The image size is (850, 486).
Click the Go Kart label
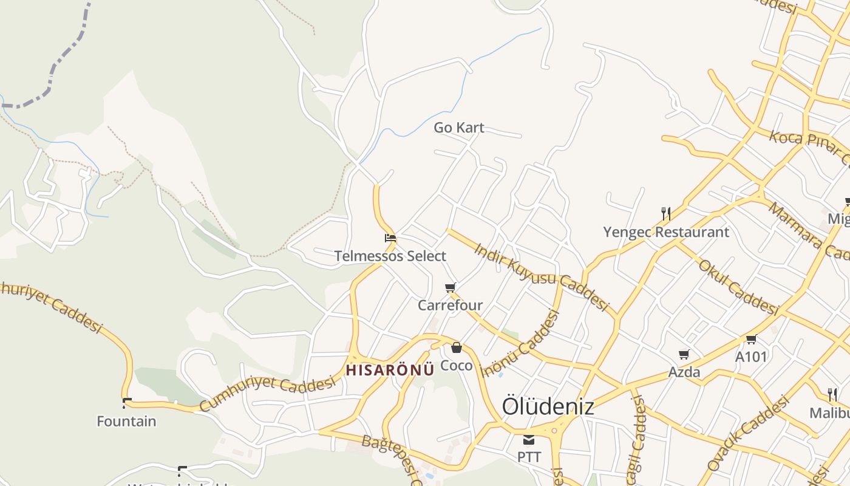coord(459,128)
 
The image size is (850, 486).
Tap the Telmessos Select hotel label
coord(390,256)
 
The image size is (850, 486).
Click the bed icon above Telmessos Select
coord(390,238)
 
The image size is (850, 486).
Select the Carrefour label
coord(450,305)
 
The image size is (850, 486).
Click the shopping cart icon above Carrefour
coord(450,287)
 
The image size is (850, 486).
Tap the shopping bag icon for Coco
coord(456,348)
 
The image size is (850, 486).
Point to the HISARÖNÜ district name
coord(390,370)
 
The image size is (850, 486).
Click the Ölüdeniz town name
coord(548,406)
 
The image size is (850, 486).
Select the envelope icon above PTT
coord(529,440)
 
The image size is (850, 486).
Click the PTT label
coord(529,456)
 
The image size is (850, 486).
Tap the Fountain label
coord(126,421)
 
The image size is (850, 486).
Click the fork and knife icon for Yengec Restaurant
coord(666,213)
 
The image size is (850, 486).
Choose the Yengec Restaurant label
coord(666,232)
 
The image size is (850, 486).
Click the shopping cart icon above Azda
coord(684,354)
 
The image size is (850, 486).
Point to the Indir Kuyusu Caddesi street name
coord(541,277)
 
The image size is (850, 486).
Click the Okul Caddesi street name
coord(738,287)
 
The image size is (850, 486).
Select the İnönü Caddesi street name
coord(520,343)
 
